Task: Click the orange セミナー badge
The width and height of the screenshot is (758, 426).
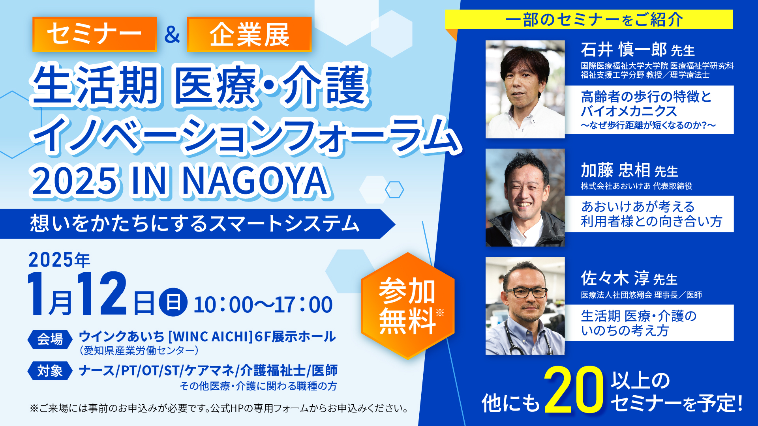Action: (95, 34)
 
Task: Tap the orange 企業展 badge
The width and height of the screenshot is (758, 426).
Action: (250, 34)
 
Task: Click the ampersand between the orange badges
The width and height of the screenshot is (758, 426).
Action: (172, 34)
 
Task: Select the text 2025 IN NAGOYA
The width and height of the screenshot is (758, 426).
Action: (180, 181)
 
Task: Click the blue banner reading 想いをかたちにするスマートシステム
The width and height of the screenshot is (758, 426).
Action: (197, 224)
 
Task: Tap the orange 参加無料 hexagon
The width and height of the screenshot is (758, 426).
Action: (408, 306)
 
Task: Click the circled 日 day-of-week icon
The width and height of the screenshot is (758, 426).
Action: (173, 303)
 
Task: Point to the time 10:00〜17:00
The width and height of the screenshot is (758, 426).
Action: (263, 305)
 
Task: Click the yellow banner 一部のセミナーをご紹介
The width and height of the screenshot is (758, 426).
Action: (589, 19)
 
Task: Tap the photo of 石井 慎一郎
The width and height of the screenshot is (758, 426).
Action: (525, 89)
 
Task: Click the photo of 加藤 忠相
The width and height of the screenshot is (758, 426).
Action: (525, 198)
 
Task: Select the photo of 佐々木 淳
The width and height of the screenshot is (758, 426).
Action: (525, 306)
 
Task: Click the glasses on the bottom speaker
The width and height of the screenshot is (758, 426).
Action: (526, 293)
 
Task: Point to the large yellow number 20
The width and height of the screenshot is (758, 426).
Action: (574, 390)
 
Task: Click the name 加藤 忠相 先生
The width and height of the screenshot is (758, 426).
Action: (629, 170)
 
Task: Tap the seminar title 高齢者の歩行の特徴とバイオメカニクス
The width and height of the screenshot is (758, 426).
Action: (646, 104)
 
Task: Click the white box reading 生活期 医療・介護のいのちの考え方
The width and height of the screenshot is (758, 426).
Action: (649, 323)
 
